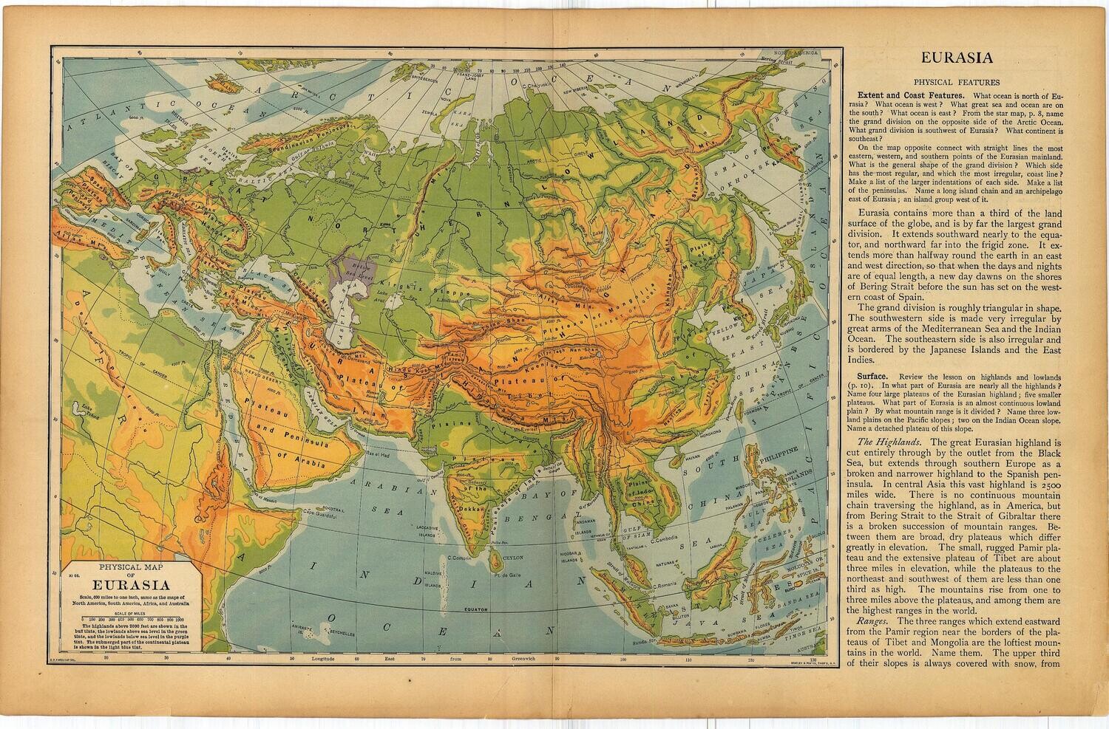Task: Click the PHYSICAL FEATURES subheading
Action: pyautogui.click(x=957, y=83)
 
